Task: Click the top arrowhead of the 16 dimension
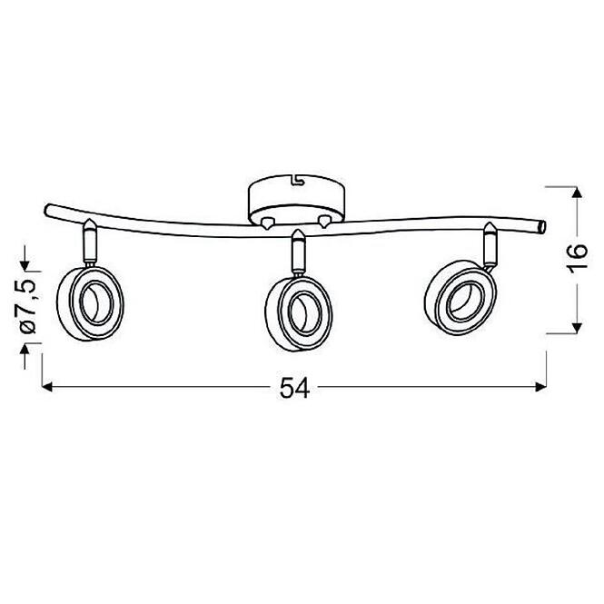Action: point(575,190)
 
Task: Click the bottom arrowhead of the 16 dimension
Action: point(575,329)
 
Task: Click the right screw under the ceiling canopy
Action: point(322,221)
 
